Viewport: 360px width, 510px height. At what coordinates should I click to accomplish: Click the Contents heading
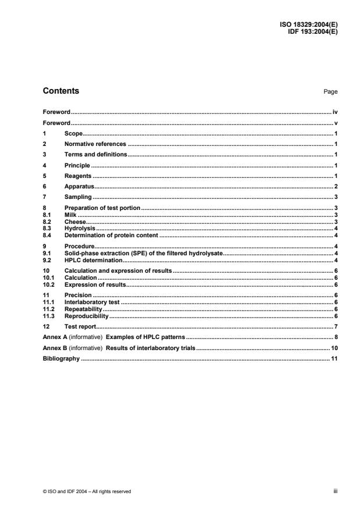coord(61,91)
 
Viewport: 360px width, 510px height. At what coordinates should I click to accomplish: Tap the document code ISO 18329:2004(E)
coord(309,26)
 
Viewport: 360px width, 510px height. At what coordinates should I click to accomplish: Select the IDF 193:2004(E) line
coord(312,32)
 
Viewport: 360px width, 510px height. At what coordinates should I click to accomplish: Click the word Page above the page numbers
coord(332,92)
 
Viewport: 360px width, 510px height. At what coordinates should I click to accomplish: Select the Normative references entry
coord(95,144)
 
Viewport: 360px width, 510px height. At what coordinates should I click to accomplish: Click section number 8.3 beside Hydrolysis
coord(48,229)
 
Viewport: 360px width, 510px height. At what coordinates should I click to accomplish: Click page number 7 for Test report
coord(336,326)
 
